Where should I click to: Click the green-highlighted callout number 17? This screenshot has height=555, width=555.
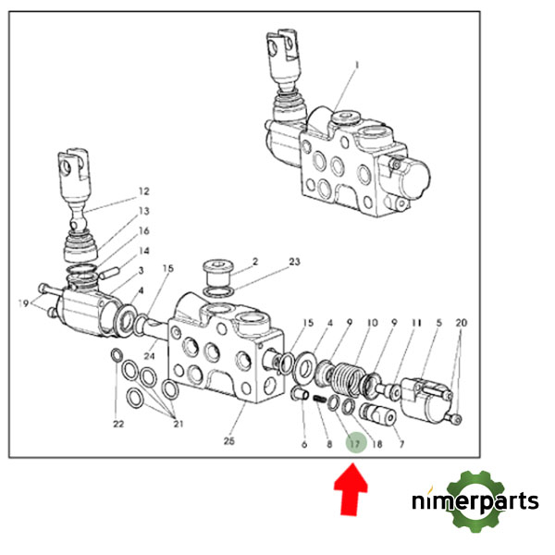[x=355, y=443]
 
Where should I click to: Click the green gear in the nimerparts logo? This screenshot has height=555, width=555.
[x=478, y=499]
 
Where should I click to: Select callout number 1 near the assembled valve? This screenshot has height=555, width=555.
[x=353, y=67]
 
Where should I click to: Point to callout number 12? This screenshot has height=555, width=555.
[x=143, y=191]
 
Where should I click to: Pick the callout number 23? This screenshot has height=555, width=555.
[x=294, y=262]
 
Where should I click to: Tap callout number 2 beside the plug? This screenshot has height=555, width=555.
[x=254, y=262]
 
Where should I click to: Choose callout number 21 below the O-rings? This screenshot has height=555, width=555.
[x=179, y=424]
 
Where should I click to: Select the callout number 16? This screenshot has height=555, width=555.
[x=144, y=230]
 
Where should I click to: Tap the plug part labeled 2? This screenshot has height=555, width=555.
[x=220, y=275]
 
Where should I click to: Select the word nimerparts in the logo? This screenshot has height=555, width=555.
[x=475, y=502]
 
